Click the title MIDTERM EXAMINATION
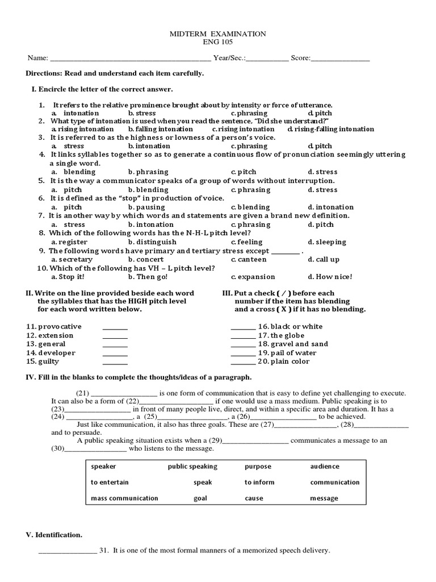click(x=217, y=34)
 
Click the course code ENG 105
click(x=217, y=42)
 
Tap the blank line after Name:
click(x=131, y=59)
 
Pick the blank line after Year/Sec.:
click(x=267, y=59)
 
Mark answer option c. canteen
click(x=249, y=260)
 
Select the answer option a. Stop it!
click(x=68, y=277)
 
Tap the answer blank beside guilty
click(x=115, y=363)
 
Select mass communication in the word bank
click(x=124, y=498)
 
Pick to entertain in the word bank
click(x=110, y=483)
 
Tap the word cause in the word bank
click(x=254, y=498)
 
